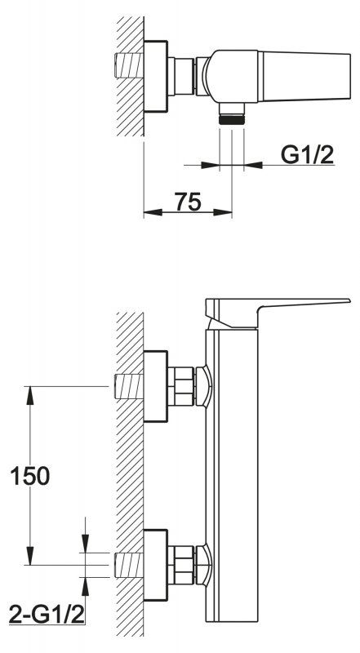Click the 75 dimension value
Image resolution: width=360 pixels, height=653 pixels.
tap(188, 202)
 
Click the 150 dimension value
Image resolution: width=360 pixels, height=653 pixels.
tap(29, 476)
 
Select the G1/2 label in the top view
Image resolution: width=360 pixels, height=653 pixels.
tap(308, 155)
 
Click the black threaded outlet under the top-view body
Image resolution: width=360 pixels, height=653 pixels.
tap(232, 119)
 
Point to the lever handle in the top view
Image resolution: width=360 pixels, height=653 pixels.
tap(304, 76)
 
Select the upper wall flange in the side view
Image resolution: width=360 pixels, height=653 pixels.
tap(155, 386)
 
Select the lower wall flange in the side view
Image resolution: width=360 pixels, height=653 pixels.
tap(155, 565)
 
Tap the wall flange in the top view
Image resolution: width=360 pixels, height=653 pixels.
tap(155, 76)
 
